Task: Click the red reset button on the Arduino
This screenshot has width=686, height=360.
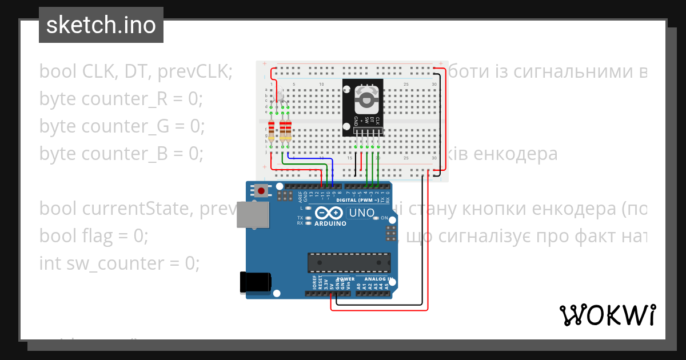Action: (261, 191)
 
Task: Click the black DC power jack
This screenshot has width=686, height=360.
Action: (254, 282)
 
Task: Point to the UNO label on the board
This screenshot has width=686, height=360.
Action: (361, 213)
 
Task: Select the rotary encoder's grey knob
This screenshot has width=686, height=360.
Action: (366, 99)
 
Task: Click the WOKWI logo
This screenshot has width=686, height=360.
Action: (607, 315)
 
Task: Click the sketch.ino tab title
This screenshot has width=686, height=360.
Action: (101, 25)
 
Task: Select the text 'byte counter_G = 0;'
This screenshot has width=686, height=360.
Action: (122, 126)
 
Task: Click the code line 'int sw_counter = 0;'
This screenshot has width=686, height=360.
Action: (119, 263)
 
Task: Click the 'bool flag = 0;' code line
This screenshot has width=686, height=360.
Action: (94, 235)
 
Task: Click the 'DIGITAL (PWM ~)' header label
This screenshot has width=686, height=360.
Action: (361, 200)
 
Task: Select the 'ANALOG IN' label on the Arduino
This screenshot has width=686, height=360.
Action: (375, 279)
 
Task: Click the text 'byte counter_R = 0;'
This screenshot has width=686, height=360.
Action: (121, 99)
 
